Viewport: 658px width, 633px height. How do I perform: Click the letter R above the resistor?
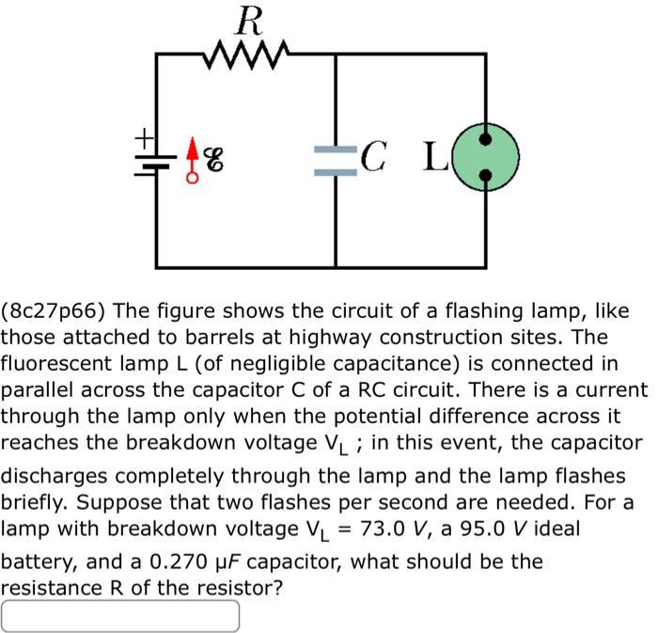pyautogui.click(x=247, y=19)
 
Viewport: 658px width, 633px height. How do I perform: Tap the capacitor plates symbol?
pyautogui.click(x=336, y=160)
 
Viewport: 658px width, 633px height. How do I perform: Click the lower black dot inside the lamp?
pyautogui.click(x=486, y=175)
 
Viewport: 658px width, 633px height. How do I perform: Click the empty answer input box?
pyautogui.click(x=120, y=616)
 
